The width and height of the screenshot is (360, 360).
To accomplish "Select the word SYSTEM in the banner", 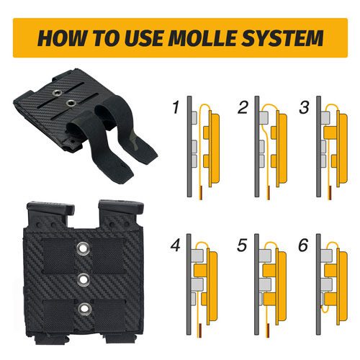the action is (x=282, y=37).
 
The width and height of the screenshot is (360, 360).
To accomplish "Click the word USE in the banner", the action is (x=145, y=37).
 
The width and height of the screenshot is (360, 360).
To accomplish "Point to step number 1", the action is (x=176, y=107).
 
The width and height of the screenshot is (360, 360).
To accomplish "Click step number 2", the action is (x=243, y=107).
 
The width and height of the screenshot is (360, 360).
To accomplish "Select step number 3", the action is (x=305, y=107).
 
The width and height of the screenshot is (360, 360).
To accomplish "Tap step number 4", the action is (x=176, y=246).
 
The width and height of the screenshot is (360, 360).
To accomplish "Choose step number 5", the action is (x=242, y=246).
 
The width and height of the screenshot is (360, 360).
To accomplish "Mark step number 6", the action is (x=303, y=246).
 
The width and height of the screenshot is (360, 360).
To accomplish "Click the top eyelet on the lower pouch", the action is (x=84, y=248).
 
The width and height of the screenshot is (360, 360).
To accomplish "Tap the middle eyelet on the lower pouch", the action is (x=84, y=279).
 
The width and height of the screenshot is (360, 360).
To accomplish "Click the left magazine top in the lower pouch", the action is (x=50, y=208).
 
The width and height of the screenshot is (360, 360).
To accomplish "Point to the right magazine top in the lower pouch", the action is (x=121, y=207).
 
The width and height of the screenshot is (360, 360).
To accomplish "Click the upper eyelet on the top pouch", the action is (x=57, y=92).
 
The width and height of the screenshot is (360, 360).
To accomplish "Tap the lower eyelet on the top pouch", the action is (x=71, y=103).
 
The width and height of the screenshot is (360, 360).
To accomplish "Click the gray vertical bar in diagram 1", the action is (x=189, y=146).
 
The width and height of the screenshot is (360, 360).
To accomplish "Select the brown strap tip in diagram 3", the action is (x=330, y=192).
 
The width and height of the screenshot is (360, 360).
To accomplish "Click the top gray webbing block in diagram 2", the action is (x=264, y=118).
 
